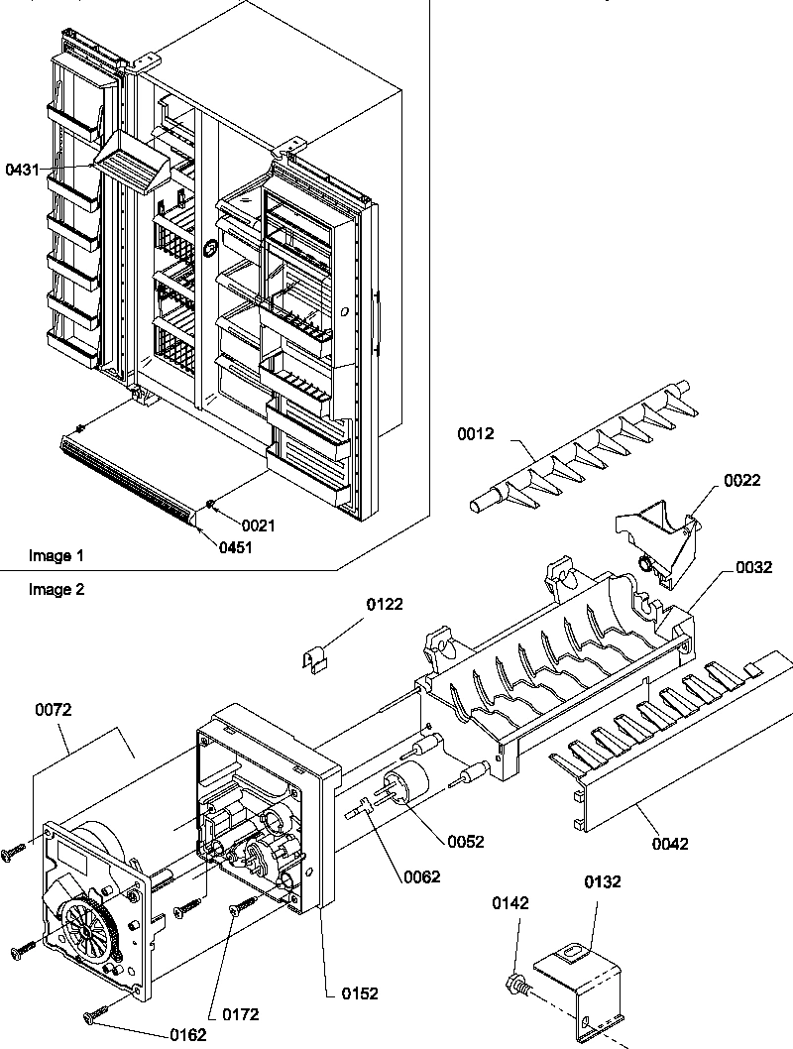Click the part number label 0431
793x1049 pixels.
tap(23, 170)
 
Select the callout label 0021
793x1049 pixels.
tap(258, 525)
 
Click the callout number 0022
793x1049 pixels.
tap(741, 480)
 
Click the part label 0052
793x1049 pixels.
tap(466, 841)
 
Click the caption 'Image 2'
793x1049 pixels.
tap(57, 589)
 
